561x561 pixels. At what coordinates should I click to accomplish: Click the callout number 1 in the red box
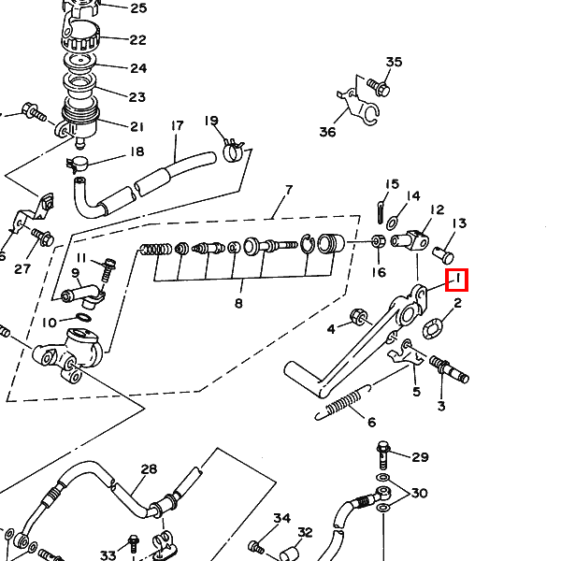click(x=458, y=280)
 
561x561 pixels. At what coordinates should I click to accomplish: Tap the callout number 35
click(x=394, y=63)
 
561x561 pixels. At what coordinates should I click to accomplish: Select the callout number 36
click(x=327, y=132)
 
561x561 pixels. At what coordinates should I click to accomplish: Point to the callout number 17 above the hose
click(x=177, y=126)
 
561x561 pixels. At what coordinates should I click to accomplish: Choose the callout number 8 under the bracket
click(x=238, y=303)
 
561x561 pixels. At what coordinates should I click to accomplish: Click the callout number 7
click(x=289, y=191)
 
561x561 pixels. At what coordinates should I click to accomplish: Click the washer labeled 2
click(x=433, y=328)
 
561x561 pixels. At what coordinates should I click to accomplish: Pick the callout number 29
click(x=420, y=457)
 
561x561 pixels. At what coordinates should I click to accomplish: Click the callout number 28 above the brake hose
click(x=149, y=469)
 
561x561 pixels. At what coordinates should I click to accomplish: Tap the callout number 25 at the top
click(x=138, y=8)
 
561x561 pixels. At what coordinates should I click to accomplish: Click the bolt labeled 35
click(x=379, y=87)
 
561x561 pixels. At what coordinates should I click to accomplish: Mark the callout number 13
click(x=459, y=223)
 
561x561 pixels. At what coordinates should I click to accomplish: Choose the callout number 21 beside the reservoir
click(x=137, y=127)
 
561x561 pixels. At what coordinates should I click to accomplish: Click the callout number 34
click(x=282, y=519)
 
